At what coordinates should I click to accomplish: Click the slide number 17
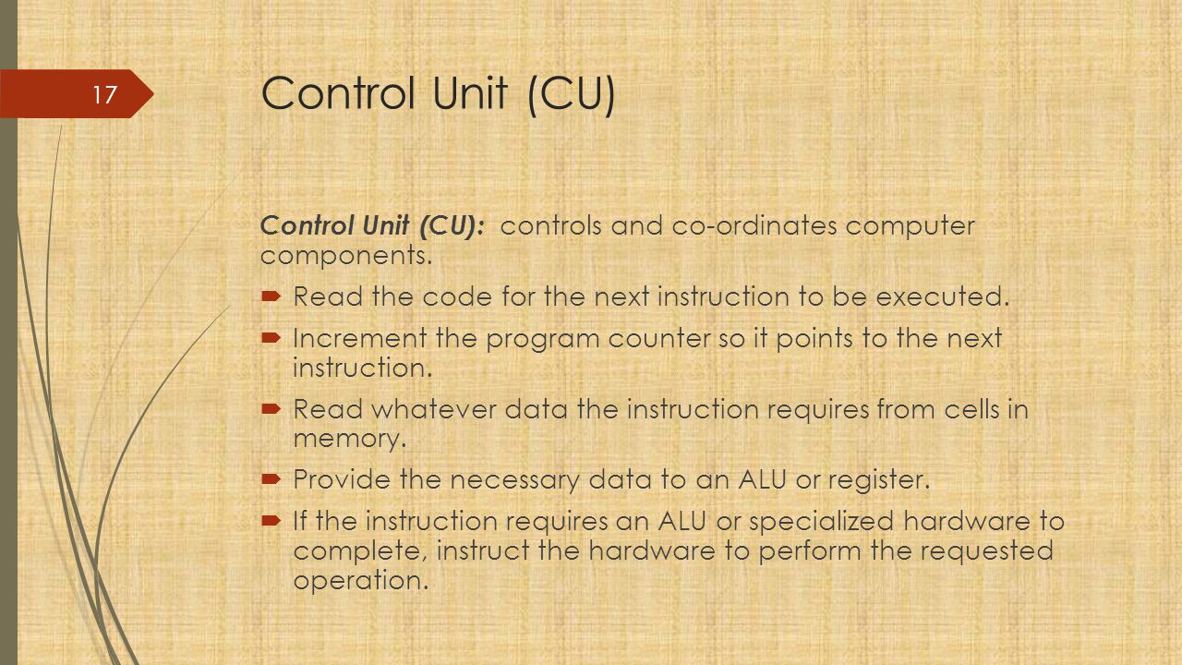coord(104,95)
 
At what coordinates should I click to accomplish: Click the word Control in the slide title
coord(338,93)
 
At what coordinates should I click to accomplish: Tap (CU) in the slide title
coord(571,94)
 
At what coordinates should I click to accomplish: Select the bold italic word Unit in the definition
coord(386,225)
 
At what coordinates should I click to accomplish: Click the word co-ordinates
coord(754,226)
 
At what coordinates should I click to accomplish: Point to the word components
coord(346,257)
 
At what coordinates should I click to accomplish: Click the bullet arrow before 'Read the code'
coord(271,296)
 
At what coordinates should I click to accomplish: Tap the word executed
coord(943,296)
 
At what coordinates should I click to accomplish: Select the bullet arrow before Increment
coord(271,338)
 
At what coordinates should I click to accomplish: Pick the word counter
coord(659,339)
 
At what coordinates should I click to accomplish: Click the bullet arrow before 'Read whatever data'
coord(271,408)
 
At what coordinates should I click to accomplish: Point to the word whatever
coord(434,409)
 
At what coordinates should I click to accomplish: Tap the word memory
coord(350,439)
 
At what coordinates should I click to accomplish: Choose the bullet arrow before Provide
coord(271,479)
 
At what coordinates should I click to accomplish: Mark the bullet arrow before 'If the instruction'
coord(271,521)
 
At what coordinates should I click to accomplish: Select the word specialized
coord(821,522)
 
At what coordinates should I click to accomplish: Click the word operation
coord(361,581)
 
